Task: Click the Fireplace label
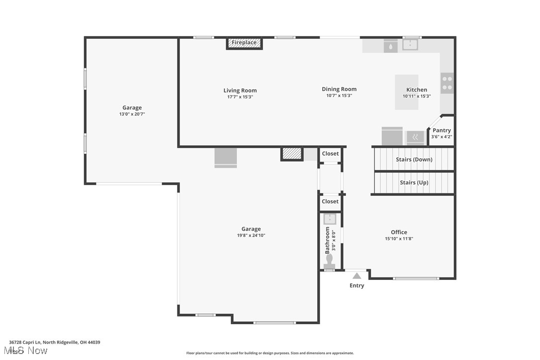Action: [244, 43]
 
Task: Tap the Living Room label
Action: [240, 90]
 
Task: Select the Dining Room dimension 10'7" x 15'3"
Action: [339, 96]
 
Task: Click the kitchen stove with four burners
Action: [447, 83]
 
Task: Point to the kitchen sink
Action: [410, 44]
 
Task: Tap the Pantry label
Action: [442, 130]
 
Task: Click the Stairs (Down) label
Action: [414, 160]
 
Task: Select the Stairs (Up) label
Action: [414, 182]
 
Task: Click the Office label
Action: [399, 232]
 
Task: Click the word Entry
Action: [357, 285]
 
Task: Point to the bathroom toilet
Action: [330, 261]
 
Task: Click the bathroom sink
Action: [330, 219]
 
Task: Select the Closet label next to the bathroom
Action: [330, 201]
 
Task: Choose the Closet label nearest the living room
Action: [330, 154]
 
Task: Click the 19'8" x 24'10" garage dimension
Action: [251, 236]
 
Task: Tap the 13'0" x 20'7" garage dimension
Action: [132, 114]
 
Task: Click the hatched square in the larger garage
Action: [292, 154]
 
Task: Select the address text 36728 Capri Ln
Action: [25, 343]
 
